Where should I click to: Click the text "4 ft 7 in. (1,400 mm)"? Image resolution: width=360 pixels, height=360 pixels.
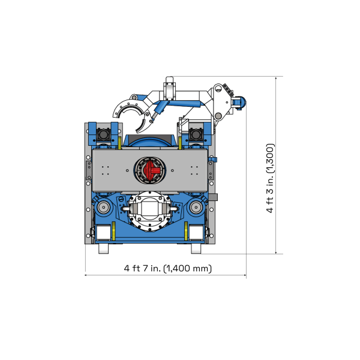coord(167,268)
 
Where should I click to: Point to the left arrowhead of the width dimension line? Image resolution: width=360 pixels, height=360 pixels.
coord(86,275)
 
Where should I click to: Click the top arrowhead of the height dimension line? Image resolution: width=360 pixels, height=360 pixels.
coord(277,79)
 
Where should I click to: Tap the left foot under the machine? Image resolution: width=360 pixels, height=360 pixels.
coord(104,248)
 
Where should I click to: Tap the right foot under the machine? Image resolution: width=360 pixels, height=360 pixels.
coord(196,248)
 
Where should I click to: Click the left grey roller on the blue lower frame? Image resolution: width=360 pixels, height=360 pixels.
coord(104,209)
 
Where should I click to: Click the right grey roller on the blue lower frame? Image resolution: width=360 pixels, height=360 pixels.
coord(196,209)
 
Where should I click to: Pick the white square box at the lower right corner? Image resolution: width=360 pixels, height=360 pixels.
coord(196,233)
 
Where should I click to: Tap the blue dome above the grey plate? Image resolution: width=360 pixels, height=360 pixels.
coord(146,143)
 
